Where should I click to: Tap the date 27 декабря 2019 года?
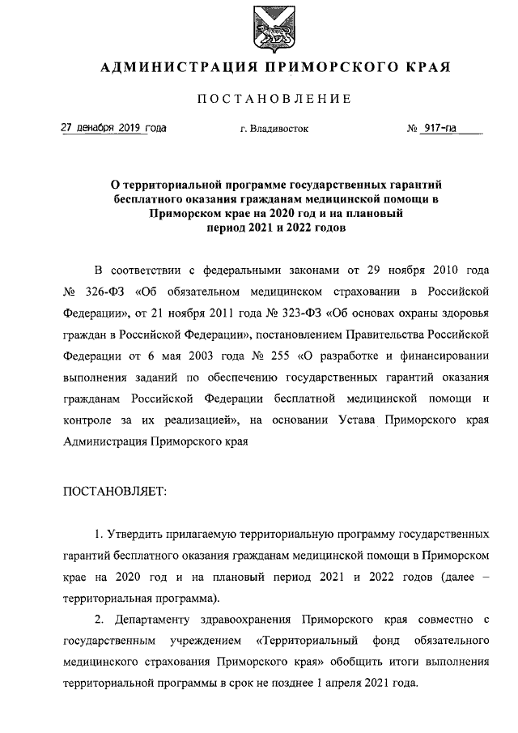(113, 128)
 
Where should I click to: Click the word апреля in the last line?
(357, 683)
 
